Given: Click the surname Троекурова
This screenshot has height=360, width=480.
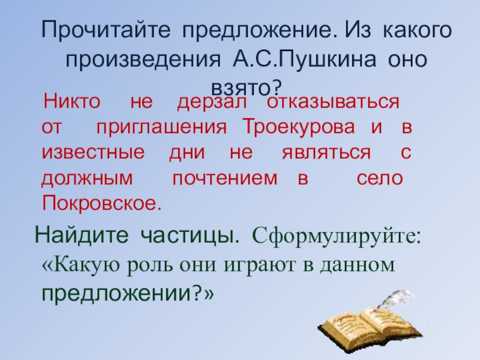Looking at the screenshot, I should pos(298,127).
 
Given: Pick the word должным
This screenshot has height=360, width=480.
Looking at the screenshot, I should pos(89,178).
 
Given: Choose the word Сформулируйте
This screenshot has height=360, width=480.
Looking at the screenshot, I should pos(337,235).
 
